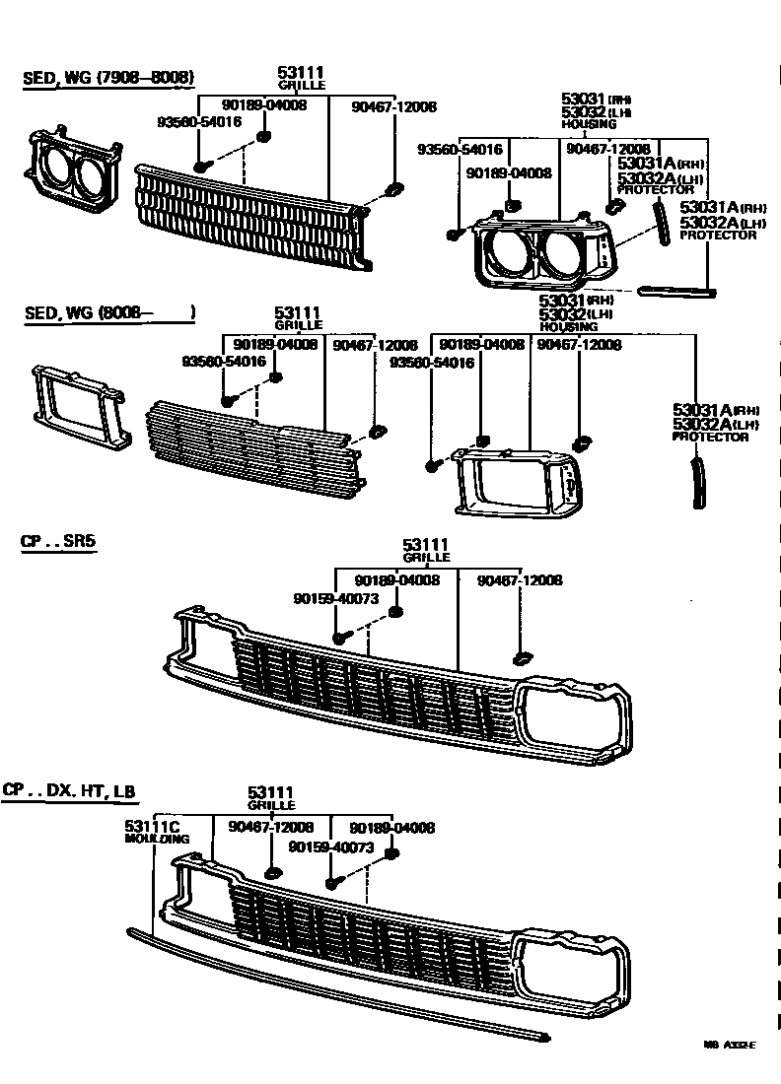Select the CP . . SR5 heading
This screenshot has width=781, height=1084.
(x=58, y=542)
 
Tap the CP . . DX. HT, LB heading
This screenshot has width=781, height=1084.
(x=69, y=790)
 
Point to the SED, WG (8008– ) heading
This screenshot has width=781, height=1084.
(x=108, y=313)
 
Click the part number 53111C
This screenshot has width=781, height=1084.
(x=151, y=826)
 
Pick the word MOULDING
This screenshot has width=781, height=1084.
(x=157, y=839)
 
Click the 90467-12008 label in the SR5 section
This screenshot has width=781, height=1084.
(x=520, y=580)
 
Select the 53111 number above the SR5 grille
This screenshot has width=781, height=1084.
(x=426, y=545)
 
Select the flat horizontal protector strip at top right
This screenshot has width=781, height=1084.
(x=675, y=291)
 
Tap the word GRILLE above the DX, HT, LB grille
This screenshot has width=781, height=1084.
(x=272, y=805)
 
